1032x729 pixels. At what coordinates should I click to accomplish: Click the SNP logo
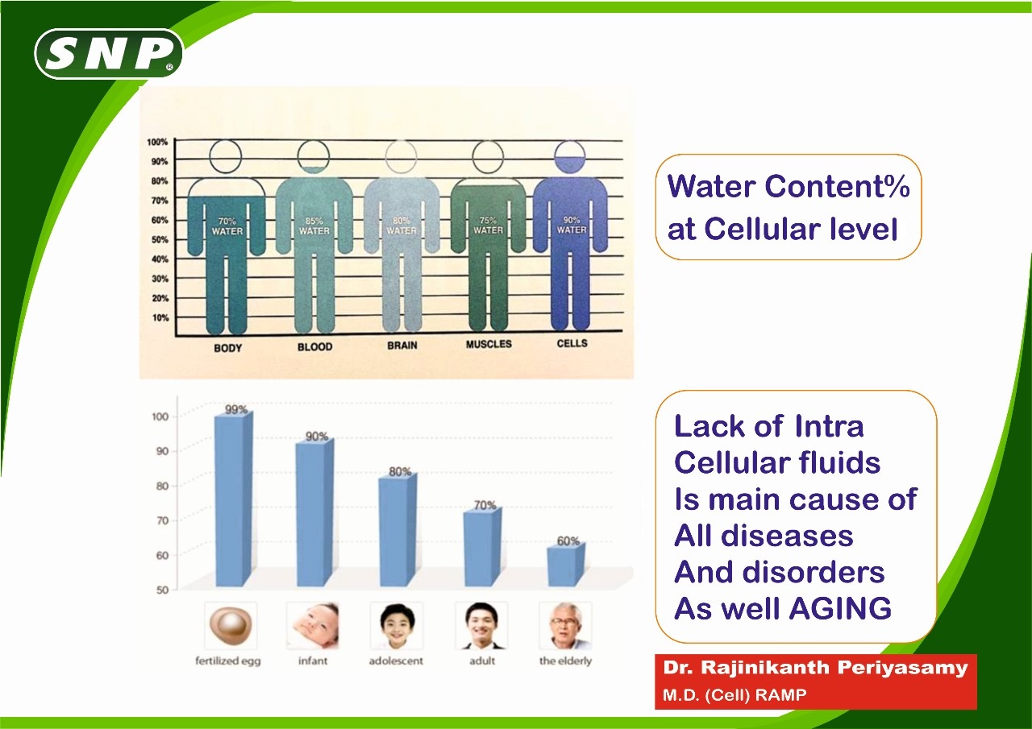109,54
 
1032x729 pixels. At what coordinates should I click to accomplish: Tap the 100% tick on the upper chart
157,142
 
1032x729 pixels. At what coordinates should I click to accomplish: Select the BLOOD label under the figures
314,346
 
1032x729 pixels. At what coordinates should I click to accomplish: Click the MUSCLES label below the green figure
489,344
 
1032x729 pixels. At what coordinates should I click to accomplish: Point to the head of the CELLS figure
569,156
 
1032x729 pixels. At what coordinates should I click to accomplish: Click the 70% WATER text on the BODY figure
227,226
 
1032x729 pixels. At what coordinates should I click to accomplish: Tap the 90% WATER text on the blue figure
572,225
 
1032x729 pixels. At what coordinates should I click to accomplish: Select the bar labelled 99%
234,499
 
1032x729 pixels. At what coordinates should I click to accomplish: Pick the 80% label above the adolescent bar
400,471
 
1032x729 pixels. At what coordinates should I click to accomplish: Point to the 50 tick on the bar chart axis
162,590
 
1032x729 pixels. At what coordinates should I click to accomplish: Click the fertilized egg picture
231,625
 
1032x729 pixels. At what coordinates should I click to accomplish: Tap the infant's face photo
312,625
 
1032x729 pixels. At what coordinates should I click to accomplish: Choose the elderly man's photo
565,625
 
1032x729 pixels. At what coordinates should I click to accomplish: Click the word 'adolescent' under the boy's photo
396,661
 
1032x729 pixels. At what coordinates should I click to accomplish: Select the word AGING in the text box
840,608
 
